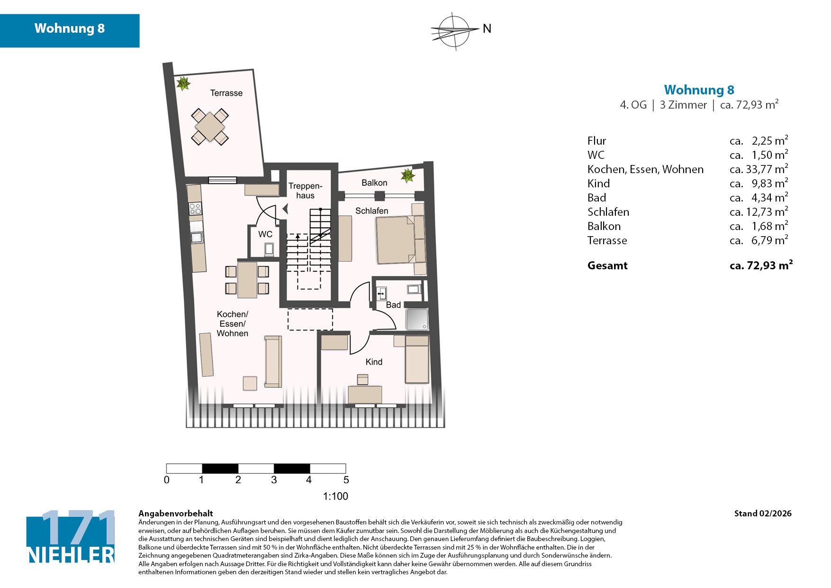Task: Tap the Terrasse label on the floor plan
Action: [226, 93]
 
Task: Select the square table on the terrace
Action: [210, 127]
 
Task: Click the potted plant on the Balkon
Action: [407, 175]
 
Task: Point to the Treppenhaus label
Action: [305, 191]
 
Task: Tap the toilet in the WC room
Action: [269, 249]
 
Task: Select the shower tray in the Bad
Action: [417, 319]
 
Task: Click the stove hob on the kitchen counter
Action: [195, 209]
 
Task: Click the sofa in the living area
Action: [273, 361]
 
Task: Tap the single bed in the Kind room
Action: [417, 359]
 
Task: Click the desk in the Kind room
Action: [365, 395]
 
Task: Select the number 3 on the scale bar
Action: [274, 480]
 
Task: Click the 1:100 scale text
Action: [335, 496]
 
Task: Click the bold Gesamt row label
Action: [607, 266]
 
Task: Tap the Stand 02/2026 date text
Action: [763, 514]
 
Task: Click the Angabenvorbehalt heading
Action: [176, 514]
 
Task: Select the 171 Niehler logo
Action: [71, 537]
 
